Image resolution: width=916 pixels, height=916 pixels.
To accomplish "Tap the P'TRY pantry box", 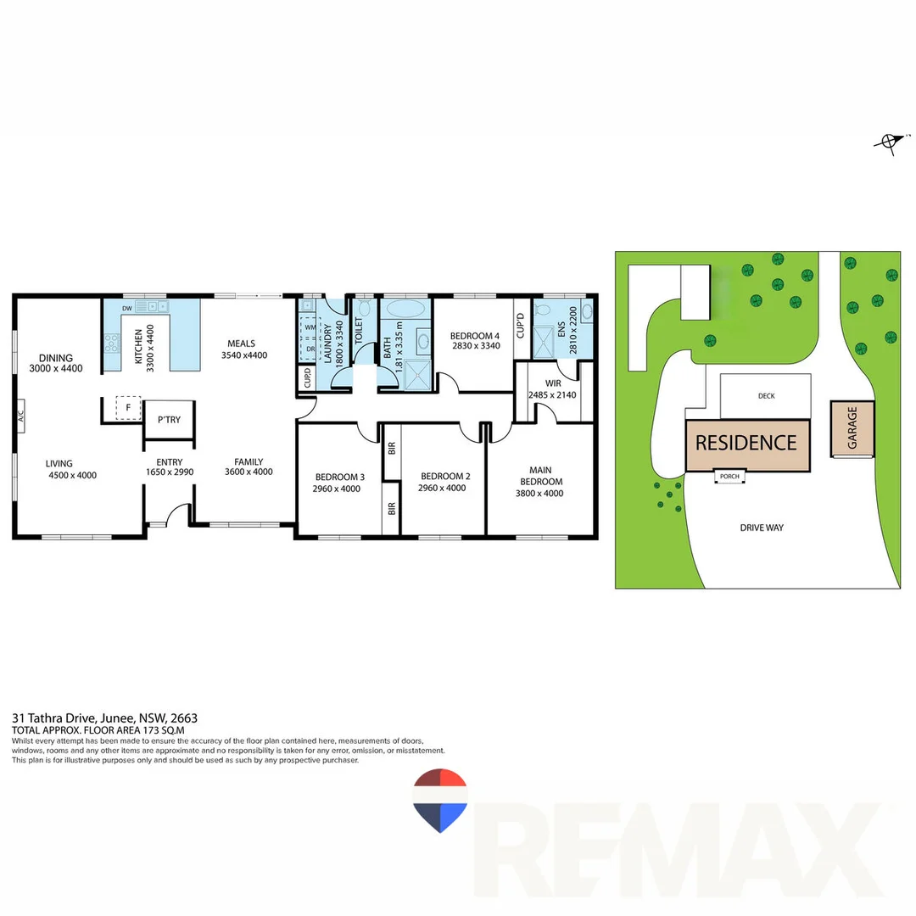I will (169, 420).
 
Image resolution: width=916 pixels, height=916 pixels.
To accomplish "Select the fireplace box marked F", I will (128, 408).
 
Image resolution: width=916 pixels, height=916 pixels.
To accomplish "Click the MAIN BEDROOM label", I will (539, 476).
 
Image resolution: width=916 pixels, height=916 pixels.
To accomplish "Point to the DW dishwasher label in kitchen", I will (126, 308).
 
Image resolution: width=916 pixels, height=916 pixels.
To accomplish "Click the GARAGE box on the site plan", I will (852, 427).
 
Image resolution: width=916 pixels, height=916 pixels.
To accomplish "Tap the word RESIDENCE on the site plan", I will (746, 443).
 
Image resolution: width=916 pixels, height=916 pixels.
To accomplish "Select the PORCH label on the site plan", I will (729, 477).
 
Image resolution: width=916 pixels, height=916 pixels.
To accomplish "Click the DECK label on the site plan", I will (766, 396).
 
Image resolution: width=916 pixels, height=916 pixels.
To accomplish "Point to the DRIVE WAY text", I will (762, 528).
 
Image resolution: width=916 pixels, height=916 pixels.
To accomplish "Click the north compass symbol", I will (889, 142).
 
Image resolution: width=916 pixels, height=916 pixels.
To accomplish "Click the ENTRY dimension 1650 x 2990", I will (170, 472).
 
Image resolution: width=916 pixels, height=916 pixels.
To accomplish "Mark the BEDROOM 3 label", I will (339, 477).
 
